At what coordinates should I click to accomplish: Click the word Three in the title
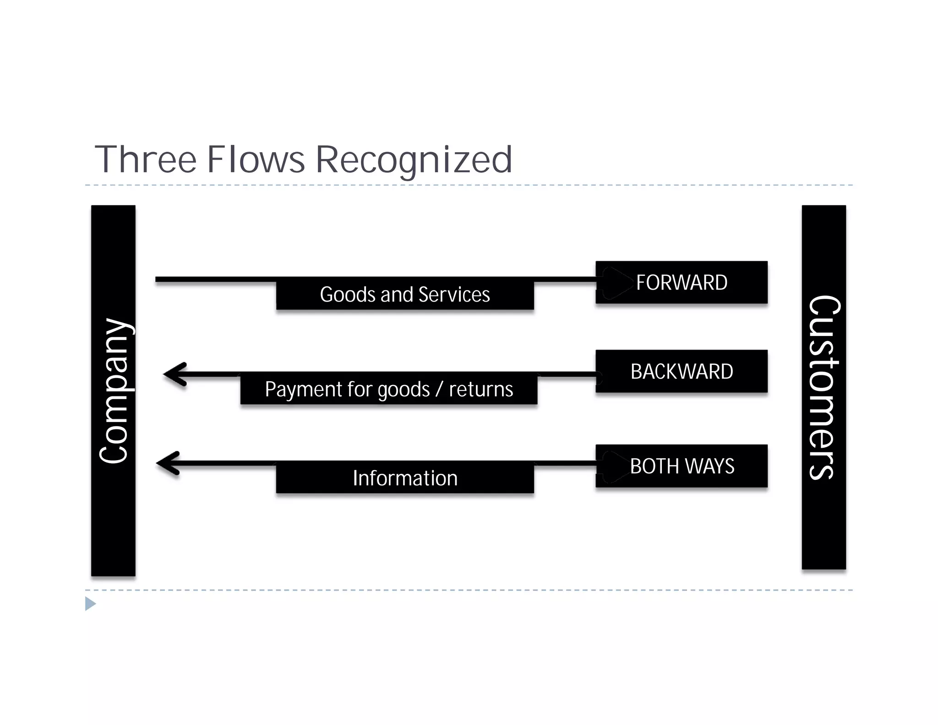(x=146, y=159)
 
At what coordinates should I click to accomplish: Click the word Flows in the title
(x=256, y=159)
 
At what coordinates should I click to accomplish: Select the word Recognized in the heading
(x=414, y=159)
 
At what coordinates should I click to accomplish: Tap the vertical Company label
(x=113, y=390)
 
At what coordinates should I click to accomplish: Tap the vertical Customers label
(x=823, y=387)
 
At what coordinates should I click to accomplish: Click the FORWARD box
(x=682, y=282)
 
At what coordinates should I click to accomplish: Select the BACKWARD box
(x=682, y=371)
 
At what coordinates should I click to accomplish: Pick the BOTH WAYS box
(x=682, y=466)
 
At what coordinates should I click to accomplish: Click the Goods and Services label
(x=405, y=294)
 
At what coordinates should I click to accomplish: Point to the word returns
(x=481, y=390)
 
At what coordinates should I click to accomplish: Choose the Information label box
(x=405, y=478)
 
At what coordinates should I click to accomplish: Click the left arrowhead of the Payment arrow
(x=174, y=374)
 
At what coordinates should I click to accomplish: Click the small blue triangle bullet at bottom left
(x=90, y=604)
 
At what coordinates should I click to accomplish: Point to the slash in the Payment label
(x=439, y=390)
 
